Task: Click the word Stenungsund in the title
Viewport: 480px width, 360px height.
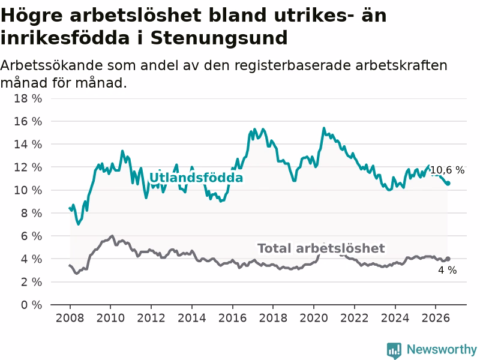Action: tap(219, 38)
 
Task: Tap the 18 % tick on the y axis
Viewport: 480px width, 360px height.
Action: tap(28, 98)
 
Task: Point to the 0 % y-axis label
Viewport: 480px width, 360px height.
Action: tap(31, 305)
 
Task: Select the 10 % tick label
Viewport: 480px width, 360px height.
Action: tap(28, 190)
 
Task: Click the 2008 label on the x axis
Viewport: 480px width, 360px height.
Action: tap(70, 318)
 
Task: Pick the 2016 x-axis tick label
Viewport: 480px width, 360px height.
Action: tap(232, 318)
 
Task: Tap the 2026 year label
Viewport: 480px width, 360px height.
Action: tap(436, 318)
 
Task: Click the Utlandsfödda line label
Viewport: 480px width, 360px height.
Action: tap(196, 178)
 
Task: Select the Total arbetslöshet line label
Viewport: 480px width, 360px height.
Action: tap(321, 248)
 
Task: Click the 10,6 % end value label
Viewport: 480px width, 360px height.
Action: tap(447, 170)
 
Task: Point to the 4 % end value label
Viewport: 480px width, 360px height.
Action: tap(447, 270)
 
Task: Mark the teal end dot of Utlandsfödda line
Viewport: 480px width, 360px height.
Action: tap(448, 183)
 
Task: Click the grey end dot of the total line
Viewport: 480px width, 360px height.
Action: tap(448, 259)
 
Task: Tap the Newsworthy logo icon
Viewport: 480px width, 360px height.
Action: tap(394, 350)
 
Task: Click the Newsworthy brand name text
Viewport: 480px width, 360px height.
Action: tap(442, 349)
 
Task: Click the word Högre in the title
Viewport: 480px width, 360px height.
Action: tap(32, 16)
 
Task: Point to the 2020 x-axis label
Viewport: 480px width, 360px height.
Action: tap(313, 318)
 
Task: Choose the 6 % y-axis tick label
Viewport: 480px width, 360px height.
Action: tap(31, 236)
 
